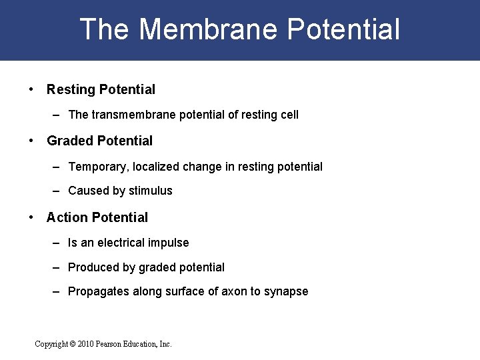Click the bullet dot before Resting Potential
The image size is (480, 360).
(32, 89)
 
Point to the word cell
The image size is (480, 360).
(290, 115)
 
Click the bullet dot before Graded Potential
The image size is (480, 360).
(32, 141)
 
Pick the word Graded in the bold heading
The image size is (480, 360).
(70, 141)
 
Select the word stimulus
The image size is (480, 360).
(151, 191)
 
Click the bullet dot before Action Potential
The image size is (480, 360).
(32, 217)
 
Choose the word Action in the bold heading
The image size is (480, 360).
(67, 217)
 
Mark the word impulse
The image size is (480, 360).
(171, 243)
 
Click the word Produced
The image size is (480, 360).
(93, 267)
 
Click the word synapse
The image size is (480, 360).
(287, 291)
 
